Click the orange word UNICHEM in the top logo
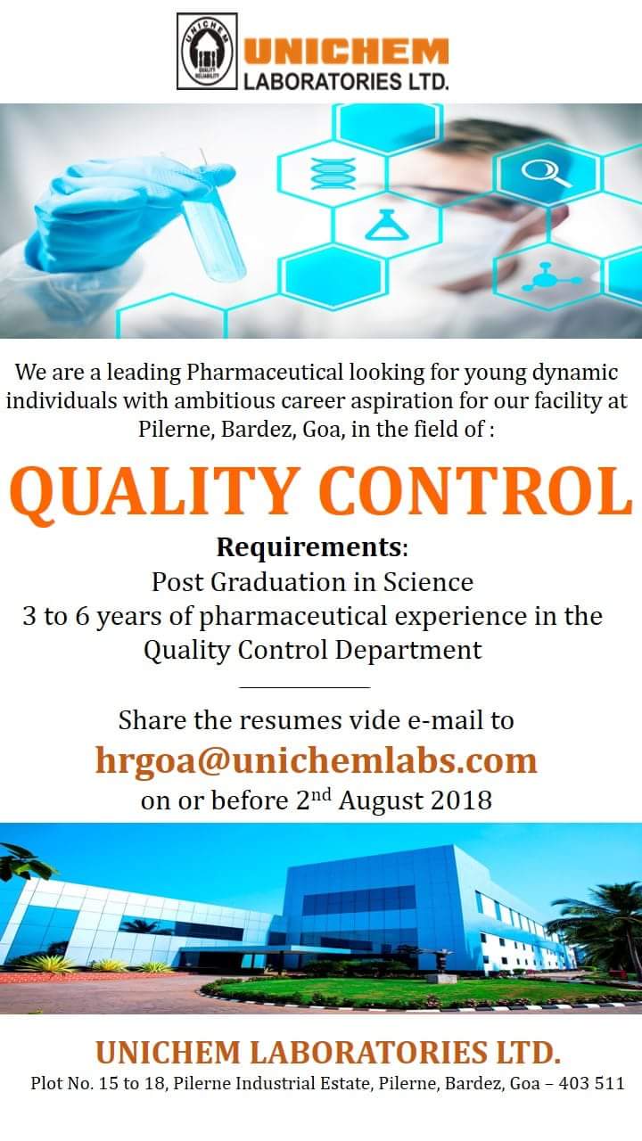pyautogui.click(x=346, y=53)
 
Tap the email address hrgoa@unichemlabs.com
pyautogui.click(x=317, y=760)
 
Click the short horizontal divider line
pyautogui.click(x=305, y=687)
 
